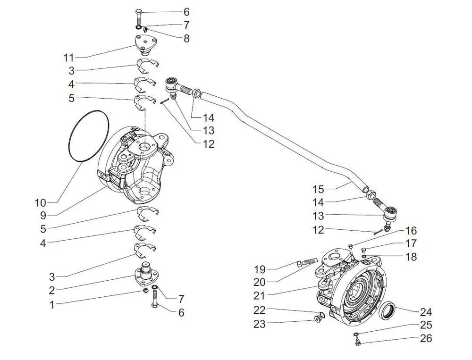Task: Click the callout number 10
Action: click(x=41, y=203)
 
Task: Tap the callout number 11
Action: click(x=69, y=58)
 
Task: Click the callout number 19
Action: click(x=260, y=269)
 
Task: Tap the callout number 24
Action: click(x=426, y=312)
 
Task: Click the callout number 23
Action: click(x=260, y=324)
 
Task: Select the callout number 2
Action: click(x=52, y=290)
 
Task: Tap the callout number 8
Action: click(x=186, y=39)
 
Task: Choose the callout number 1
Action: click(x=52, y=305)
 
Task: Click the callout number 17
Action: click(x=411, y=244)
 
